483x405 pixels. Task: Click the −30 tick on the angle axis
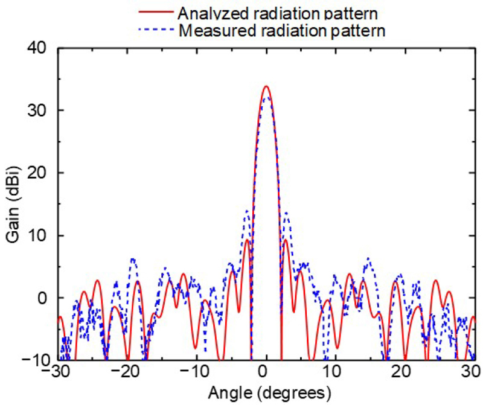coord(58,374)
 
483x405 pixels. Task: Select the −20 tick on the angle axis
coord(127,374)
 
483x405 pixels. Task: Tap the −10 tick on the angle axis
coord(196,374)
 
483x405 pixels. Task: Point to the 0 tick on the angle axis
coord(266,374)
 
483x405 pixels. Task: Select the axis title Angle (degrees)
coord(269,394)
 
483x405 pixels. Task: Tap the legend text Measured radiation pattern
coord(283,30)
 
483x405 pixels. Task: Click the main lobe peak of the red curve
coord(266,86)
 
